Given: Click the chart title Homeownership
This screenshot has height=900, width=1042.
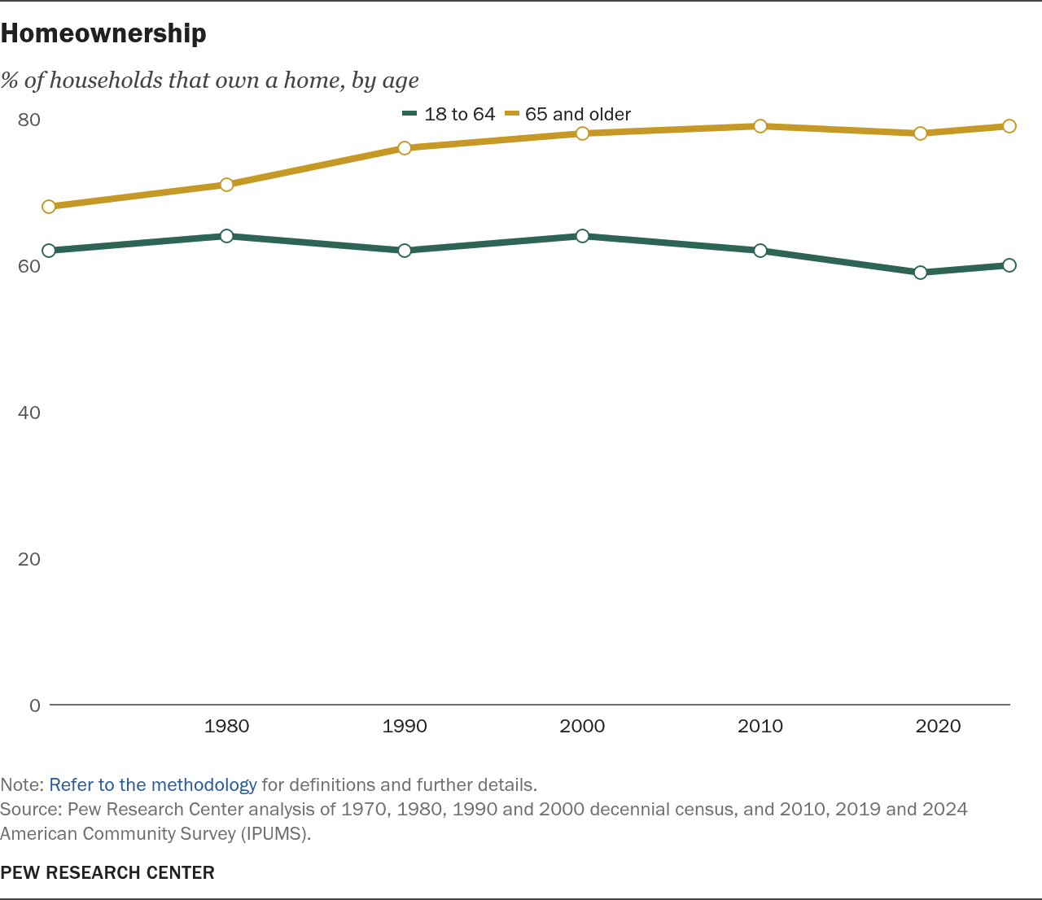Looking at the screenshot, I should tap(103, 33).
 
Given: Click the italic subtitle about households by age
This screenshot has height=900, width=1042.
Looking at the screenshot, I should tap(209, 80).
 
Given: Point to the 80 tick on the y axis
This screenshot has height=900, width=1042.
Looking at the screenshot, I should tap(29, 120).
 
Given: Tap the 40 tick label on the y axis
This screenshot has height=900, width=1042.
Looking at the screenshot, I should tap(29, 413).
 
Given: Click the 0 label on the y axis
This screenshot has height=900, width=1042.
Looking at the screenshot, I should tap(35, 706).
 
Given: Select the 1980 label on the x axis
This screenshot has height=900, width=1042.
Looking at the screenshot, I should tap(226, 726).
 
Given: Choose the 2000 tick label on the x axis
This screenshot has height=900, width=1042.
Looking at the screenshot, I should tap(582, 726).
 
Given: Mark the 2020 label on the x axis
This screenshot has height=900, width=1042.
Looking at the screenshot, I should tap(938, 726).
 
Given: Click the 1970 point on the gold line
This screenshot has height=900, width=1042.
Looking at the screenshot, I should tap(49, 207).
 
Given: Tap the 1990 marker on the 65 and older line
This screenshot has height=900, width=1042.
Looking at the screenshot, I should tap(405, 148).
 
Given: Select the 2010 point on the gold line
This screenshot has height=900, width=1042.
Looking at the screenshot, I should tap(760, 126).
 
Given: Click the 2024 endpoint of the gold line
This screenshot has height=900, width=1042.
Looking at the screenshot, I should tap(1009, 126).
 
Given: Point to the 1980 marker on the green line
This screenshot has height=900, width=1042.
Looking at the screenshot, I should tap(226, 236).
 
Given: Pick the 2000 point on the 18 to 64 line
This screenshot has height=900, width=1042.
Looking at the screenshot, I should tap(582, 236).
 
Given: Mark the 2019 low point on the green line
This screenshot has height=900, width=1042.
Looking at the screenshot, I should tap(921, 273).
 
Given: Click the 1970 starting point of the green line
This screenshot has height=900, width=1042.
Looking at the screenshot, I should tap(49, 251).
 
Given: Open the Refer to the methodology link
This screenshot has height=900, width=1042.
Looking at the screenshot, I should tap(153, 785).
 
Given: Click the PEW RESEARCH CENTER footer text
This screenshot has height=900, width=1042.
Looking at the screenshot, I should tap(107, 873).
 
